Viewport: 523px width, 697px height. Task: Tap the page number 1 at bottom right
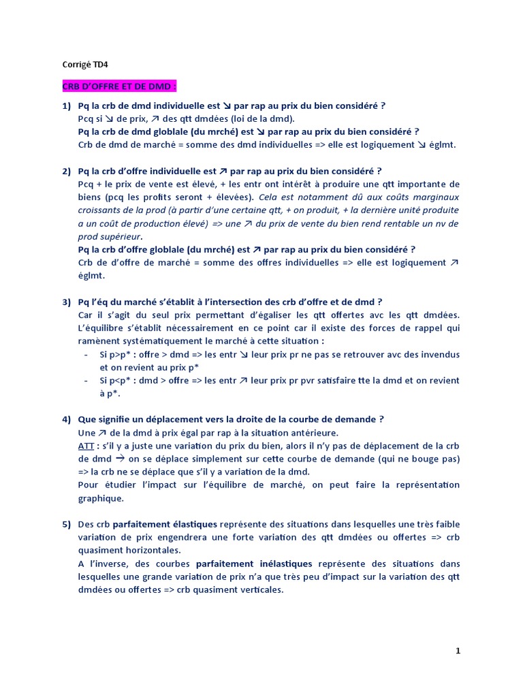tap(458, 651)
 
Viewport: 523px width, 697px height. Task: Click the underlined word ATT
tap(86, 446)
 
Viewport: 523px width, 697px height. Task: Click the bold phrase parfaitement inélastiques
tap(254, 564)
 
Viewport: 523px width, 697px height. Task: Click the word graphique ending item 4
tap(100, 498)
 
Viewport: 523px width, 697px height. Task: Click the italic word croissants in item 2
tap(101, 210)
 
